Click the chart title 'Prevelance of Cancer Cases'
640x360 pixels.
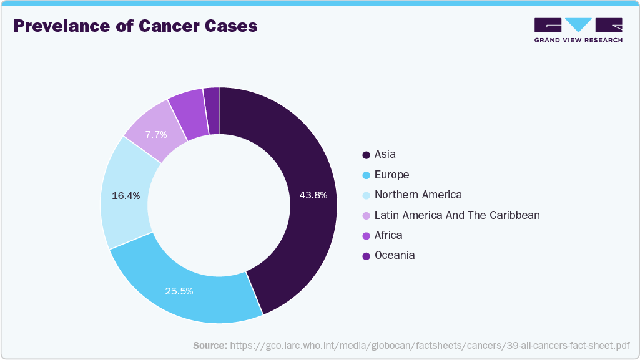135,26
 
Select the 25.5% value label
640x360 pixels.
179,291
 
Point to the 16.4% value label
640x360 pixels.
126,195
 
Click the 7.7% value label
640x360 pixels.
155,135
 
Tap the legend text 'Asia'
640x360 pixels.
385,154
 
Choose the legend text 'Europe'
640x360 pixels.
391,175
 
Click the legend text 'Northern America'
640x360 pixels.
418,195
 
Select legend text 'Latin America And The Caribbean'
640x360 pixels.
456,215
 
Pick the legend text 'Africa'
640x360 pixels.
388,235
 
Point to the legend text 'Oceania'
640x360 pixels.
394,255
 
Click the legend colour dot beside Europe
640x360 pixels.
366,175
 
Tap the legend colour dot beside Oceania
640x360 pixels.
366,255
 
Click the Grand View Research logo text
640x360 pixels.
578,40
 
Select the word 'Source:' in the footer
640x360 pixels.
210,345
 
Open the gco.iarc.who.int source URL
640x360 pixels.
430,345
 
